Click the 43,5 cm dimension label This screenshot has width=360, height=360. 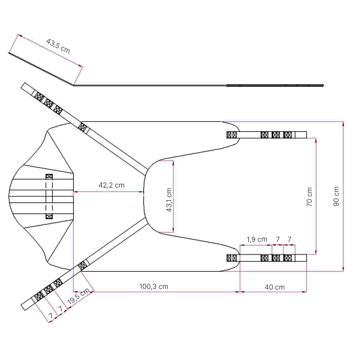[x=58, y=46]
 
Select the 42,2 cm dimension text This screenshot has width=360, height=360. [x=112, y=185]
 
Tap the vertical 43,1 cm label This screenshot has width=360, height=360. [x=169, y=200]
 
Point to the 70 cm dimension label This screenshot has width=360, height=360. [x=310, y=197]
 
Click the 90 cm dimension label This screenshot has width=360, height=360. [x=336, y=196]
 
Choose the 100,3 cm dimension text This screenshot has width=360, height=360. [x=154, y=286]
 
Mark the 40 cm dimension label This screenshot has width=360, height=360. [x=275, y=287]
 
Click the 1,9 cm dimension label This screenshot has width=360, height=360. [x=257, y=239]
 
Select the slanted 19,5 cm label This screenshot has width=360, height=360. [x=78, y=296]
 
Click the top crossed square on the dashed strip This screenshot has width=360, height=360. [x=49, y=176]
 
